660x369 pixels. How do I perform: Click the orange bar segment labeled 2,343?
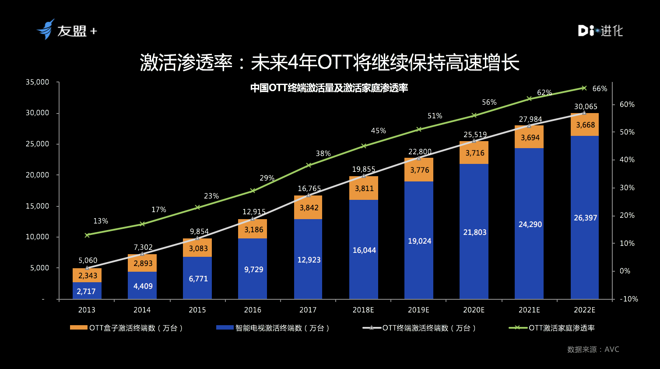click(x=87, y=275)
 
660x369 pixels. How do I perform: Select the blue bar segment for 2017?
click(x=308, y=259)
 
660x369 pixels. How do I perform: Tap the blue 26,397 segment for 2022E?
click(x=585, y=217)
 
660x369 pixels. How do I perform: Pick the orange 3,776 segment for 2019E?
click(x=419, y=170)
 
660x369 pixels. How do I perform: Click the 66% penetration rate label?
click(x=599, y=89)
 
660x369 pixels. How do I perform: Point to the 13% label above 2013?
click(x=100, y=221)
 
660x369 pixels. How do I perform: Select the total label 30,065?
click(x=585, y=106)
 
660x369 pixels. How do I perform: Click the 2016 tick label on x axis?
click(x=253, y=310)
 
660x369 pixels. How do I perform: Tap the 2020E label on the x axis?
click(x=474, y=310)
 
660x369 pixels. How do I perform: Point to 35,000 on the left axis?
click(x=37, y=82)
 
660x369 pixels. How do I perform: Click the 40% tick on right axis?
click(x=627, y=160)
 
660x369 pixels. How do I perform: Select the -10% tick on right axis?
click(x=629, y=299)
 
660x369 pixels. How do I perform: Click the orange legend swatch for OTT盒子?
click(x=78, y=327)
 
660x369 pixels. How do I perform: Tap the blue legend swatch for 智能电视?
click(x=225, y=327)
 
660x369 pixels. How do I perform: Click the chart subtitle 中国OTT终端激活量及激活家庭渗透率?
click(x=329, y=88)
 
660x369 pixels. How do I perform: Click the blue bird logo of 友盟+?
click(x=46, y=29)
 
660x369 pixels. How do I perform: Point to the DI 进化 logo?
click(x=600, y=30)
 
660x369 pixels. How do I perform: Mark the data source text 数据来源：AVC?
click(x=593, y=349)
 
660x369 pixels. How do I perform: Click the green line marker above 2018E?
click(x=364, y=146)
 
